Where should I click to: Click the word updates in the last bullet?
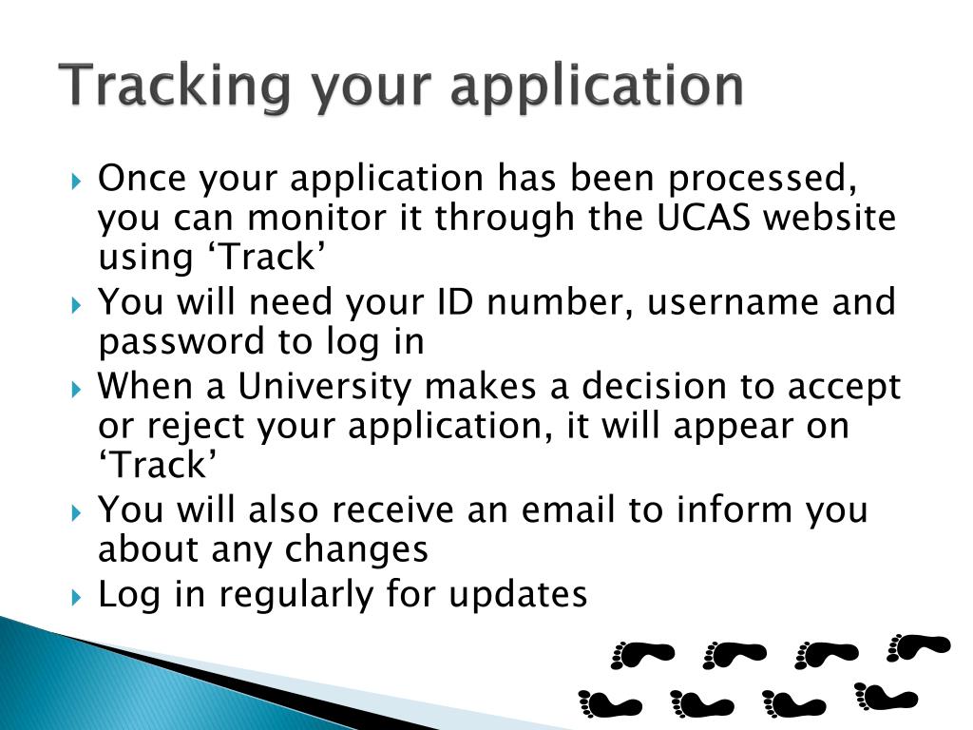518,594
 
